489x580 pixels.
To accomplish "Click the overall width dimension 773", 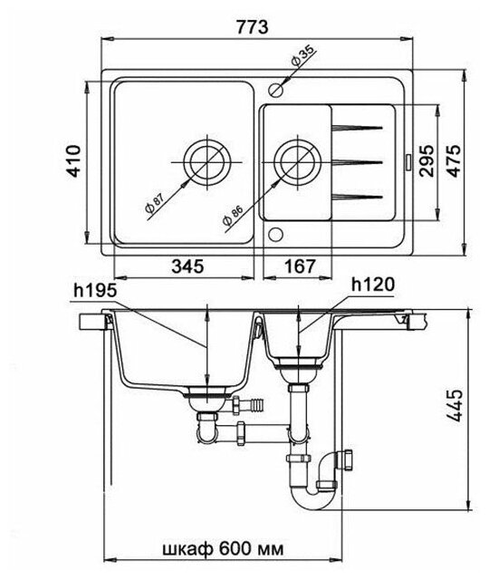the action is coord(253,26).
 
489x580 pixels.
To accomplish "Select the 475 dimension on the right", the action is coord(455,160).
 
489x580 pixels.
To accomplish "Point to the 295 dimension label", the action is coord(427,161).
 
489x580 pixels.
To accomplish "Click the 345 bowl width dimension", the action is coord(187,266).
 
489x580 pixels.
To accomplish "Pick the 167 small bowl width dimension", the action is coord(300,266).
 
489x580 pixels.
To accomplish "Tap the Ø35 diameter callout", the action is coord(302,56).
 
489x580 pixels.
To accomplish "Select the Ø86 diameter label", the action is coord(233,217).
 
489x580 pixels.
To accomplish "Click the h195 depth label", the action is coord(95,291).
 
